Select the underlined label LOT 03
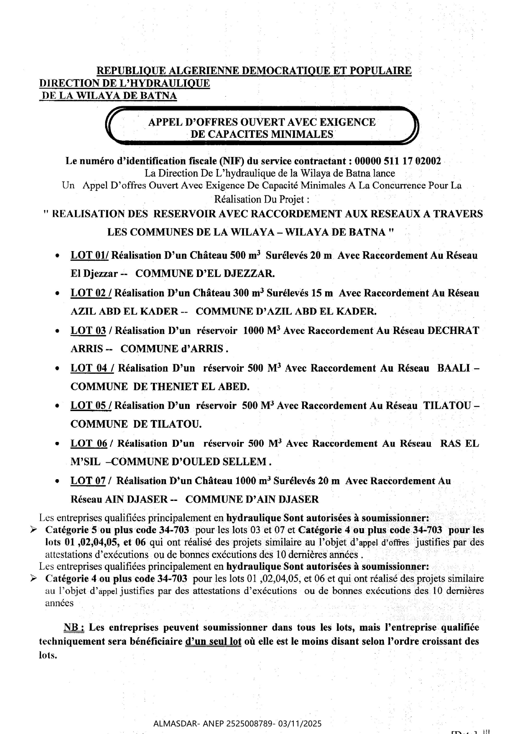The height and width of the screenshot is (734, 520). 88,331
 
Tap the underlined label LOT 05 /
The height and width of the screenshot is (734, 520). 91,405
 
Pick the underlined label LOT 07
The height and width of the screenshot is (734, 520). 88,481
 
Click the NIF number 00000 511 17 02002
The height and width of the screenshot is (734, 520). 398,161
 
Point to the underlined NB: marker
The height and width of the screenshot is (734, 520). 74,628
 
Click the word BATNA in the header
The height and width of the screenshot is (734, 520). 160,96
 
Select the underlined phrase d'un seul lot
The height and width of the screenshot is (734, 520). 213,642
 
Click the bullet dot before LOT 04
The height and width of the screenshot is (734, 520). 57,369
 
